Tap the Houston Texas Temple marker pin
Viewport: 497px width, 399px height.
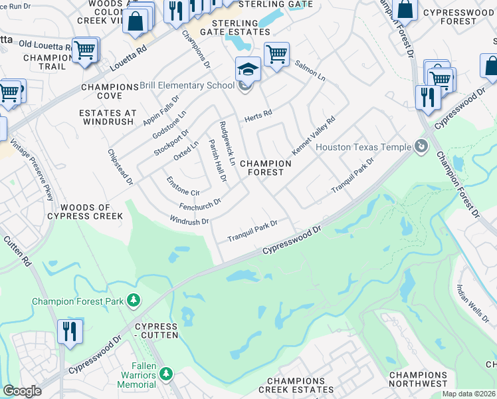pyautogui.click(x=420, y=146)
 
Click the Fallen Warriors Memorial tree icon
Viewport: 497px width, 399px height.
pyautogui.click(x=166, y=375)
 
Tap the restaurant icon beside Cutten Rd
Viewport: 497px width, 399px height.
pyautogui.click(x=70, y=331)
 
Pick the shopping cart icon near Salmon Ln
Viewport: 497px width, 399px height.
pyautogui.click(x=276, y=54)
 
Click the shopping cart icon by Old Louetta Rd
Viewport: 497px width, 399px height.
pyautogui.click(x=85, y=50)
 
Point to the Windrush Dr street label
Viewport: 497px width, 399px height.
pyautogui.click(x=189, y=220)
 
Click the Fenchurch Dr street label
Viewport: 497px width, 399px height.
pyautogui.click(x=199, y=203)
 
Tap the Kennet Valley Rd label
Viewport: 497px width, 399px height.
pyautogui.click(x=314, y=135)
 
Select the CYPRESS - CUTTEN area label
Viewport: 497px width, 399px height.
pyautogui.click(x=156, y=331)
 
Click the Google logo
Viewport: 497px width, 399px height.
pyautogui.click(x=22, y=391)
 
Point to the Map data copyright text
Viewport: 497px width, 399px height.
pyautogui.click(x=468, y=394)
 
